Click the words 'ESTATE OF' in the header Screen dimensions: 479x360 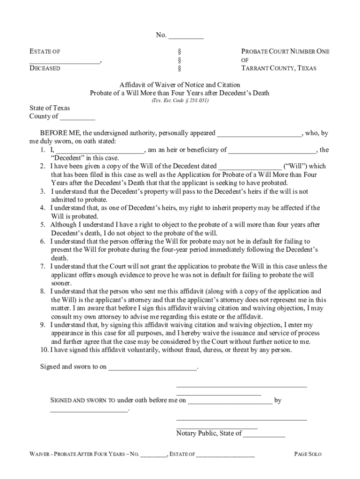click(45, 52)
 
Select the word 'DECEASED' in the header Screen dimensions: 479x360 click(45, 68)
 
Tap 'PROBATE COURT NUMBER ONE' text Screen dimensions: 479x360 click(285, 52)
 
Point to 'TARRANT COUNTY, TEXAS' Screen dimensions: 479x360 click(279, 68)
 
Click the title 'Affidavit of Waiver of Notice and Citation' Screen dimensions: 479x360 click(180, 85)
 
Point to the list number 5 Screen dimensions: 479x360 click(42, 225)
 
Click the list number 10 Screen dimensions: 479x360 click(43, 349)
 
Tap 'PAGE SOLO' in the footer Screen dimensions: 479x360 click(308, 454)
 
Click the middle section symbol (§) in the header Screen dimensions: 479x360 click(180, 60)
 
